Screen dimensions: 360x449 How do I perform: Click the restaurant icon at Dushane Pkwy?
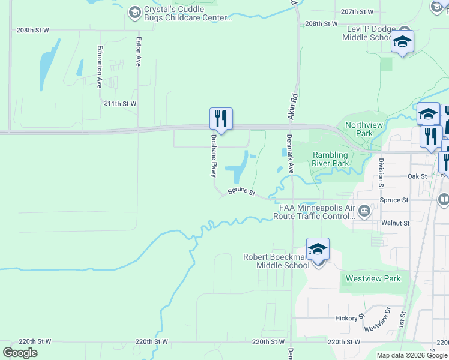pyautogui.click(x=221, y=119)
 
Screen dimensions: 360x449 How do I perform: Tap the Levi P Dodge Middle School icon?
pyautogui.click(x=402, y=42)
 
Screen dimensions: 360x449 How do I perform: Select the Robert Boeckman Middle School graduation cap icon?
pyautogui.click(x=318, y=249)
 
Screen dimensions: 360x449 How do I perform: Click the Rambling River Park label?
pyautogui.click(x=330, y=159)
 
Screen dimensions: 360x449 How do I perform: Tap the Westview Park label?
pyautogui.click(x=372, y=278)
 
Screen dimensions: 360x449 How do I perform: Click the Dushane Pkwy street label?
pyautogui.click(x=212, y=155)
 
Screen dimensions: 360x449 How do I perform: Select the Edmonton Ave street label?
pyautogui.click(x=100, y=66)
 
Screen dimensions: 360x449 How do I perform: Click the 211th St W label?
pyautogui.click(x=120, y=104)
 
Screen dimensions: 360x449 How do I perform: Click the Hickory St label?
pyautogui.click(x=351, y=317)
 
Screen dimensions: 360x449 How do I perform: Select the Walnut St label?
pyautogui.click(x=395, y=223)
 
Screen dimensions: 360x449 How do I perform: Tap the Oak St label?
pyautogui.click(x=417, y=176)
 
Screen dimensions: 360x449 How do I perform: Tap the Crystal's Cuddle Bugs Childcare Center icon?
pyautogui.click(x=135, y=11)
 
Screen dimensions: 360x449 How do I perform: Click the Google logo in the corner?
pyautogui.click(x=20, y=353)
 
